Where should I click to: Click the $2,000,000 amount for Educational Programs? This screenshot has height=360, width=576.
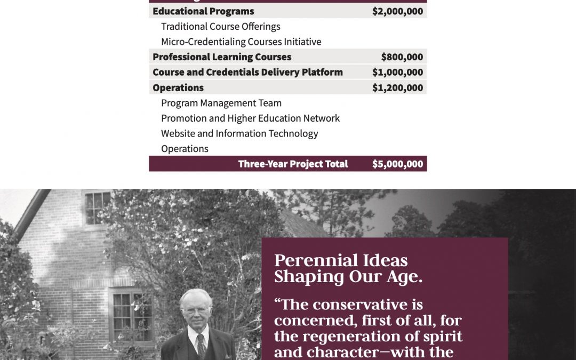[397, 11]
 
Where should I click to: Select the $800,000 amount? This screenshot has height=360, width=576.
[402, 57]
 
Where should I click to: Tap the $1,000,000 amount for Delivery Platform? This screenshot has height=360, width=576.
[397, 73]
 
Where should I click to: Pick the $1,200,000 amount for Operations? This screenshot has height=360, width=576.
[397, 88]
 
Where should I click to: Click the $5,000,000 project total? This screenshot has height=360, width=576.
[397, 164]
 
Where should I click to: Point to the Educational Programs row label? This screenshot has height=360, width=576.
[203, 11]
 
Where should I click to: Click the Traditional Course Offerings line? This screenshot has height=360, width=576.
[220, 27]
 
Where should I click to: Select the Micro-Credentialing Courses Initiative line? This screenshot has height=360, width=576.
[241, 42]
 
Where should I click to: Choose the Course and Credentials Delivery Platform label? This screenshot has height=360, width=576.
[247, 73]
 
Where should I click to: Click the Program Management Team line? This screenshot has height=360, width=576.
[221, 103]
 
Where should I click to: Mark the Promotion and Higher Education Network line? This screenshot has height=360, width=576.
[250, 118]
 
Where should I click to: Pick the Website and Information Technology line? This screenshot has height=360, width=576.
[239, 133]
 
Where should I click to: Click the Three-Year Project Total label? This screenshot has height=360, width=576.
[293, 164]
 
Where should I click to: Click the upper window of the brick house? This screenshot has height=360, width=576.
[98, 207]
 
